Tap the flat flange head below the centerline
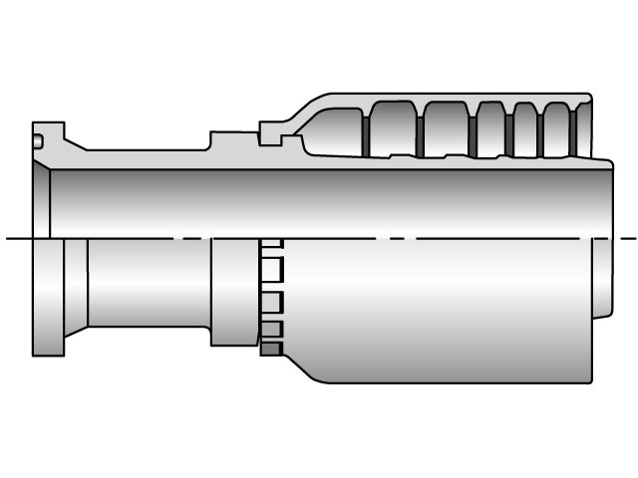[46, 299]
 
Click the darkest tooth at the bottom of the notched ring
[270, 349]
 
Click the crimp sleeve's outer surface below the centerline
[439, 309]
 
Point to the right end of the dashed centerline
[632, 238]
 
